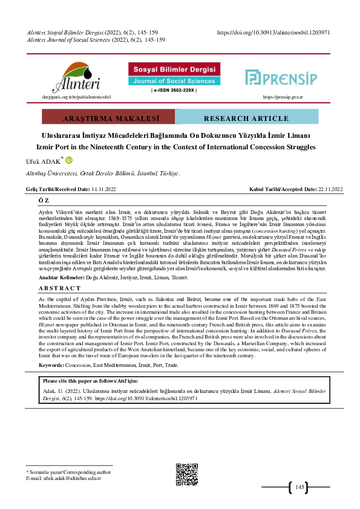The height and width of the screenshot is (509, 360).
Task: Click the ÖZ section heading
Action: [44, 199]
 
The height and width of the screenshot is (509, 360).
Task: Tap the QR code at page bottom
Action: [186, 474]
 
